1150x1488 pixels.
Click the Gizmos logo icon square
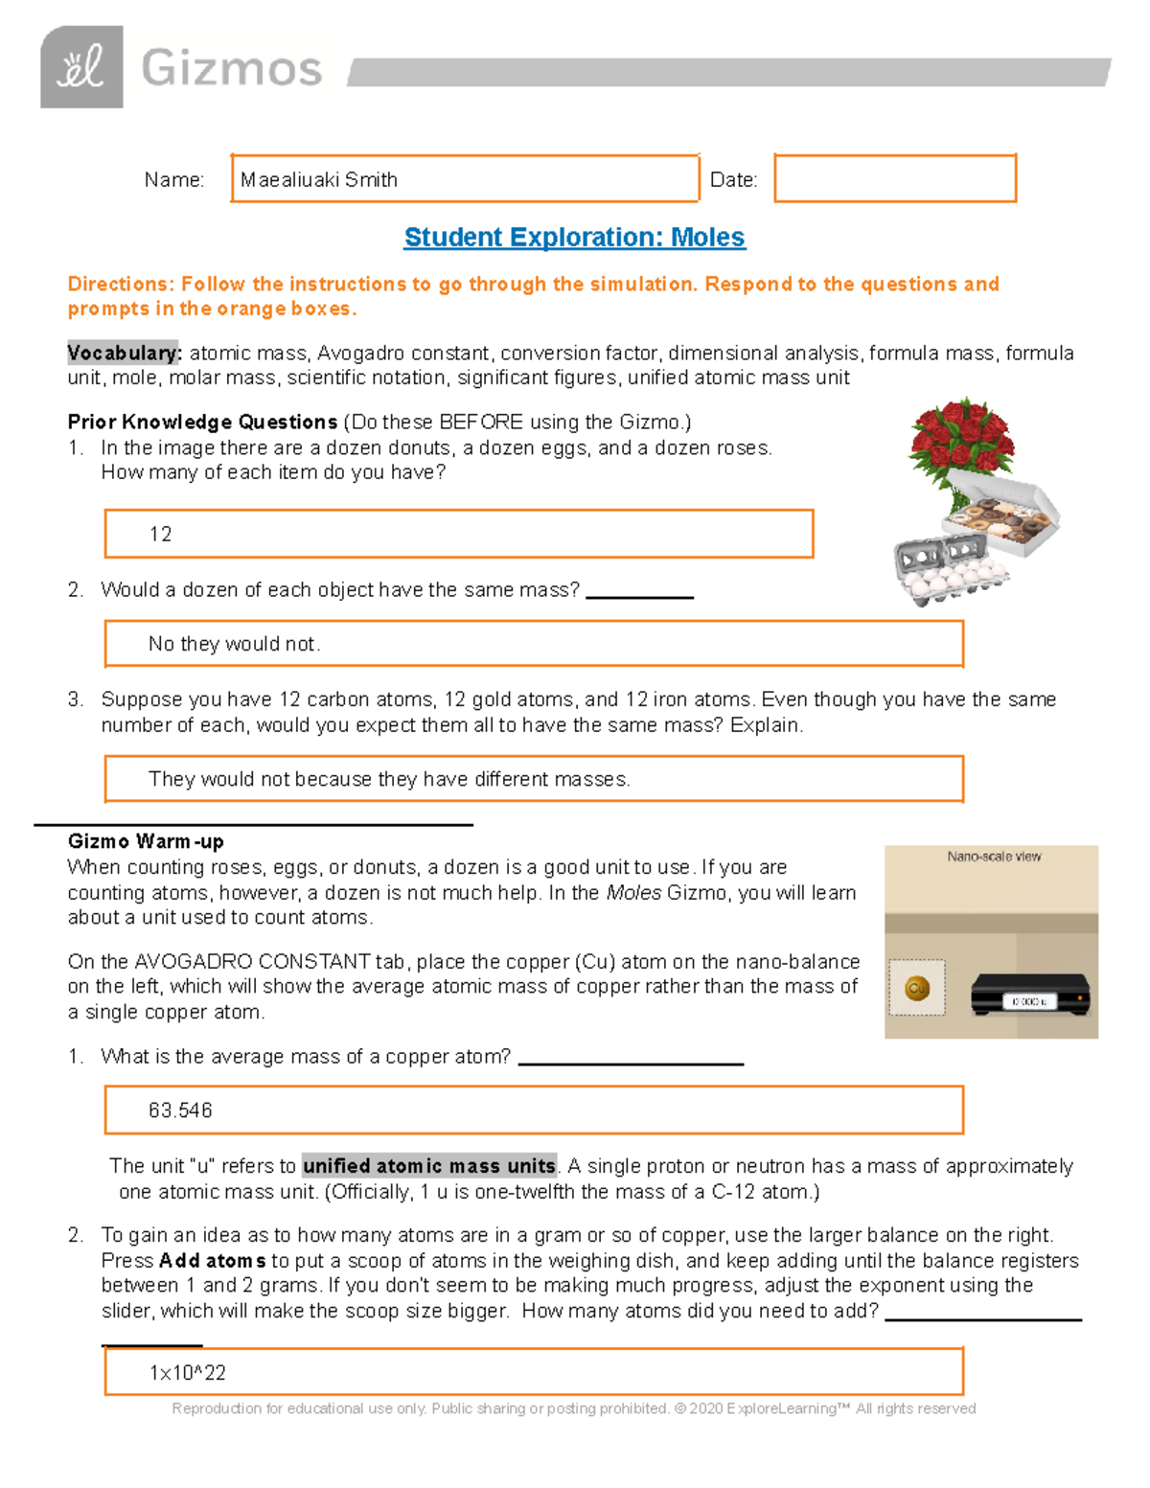(81, 67)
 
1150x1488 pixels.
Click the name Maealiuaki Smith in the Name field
(319, 180)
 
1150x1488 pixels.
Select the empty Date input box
(894, 179)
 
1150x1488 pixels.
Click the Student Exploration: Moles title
(574, 238)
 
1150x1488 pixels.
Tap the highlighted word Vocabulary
(124, 354)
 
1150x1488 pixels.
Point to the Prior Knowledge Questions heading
(202, 423)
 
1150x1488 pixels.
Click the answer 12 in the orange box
(161, 535)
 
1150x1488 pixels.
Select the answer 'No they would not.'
(234, 644)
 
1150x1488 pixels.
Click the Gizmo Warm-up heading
(146, 842)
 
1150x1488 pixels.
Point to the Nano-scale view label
(994, 857)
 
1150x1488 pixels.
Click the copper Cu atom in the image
(917, 988)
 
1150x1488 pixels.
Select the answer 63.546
(180, 1110)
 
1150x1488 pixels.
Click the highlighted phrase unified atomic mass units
(428, 1166)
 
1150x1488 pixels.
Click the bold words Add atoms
(212, 1261)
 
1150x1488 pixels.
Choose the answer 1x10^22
(188, 1373)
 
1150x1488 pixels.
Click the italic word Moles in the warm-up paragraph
(633, 893)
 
